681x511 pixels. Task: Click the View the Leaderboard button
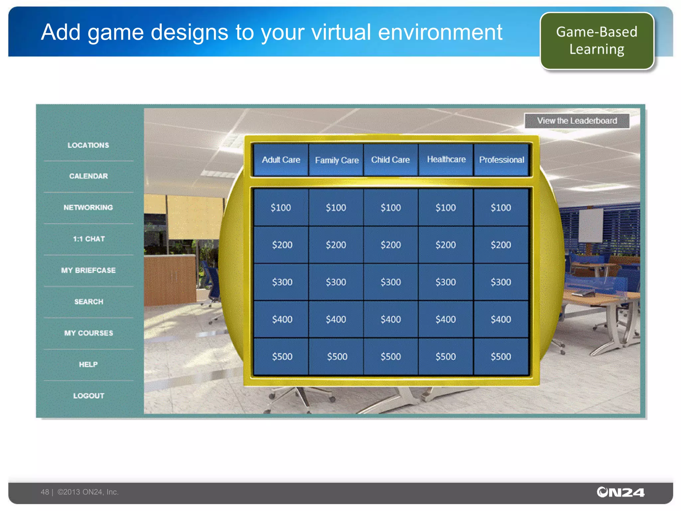(x=577, y=121)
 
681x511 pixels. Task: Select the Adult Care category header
(x=281, y=160)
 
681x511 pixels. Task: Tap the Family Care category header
(x=337, y=160)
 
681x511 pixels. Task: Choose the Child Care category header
(x=390, y=160)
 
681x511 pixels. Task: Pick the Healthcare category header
(x=446, y=159)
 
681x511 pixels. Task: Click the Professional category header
(x=501, y=160)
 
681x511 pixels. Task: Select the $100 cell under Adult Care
(x=281, y=208)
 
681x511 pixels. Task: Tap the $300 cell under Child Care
(x=391, y=282)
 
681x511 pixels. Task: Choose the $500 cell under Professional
(x=501, y=357)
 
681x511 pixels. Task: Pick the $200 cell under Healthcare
(x=446, y=245)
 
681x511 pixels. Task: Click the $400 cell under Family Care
(x=336, y=319)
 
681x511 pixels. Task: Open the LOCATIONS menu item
(x=88, y=145)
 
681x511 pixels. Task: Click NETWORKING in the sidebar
(x=88, y=208)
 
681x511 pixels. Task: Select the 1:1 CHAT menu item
(x=89, y=239)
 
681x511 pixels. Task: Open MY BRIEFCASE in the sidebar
(x=88, y=270)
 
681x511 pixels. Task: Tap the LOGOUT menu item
(x=89, y=396)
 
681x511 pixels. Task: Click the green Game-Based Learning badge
(x=597, y=41)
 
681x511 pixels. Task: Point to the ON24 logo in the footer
(x=620, y=492)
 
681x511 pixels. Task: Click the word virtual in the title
(x=341, y=32)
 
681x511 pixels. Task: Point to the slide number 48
(x=45, y=492)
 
